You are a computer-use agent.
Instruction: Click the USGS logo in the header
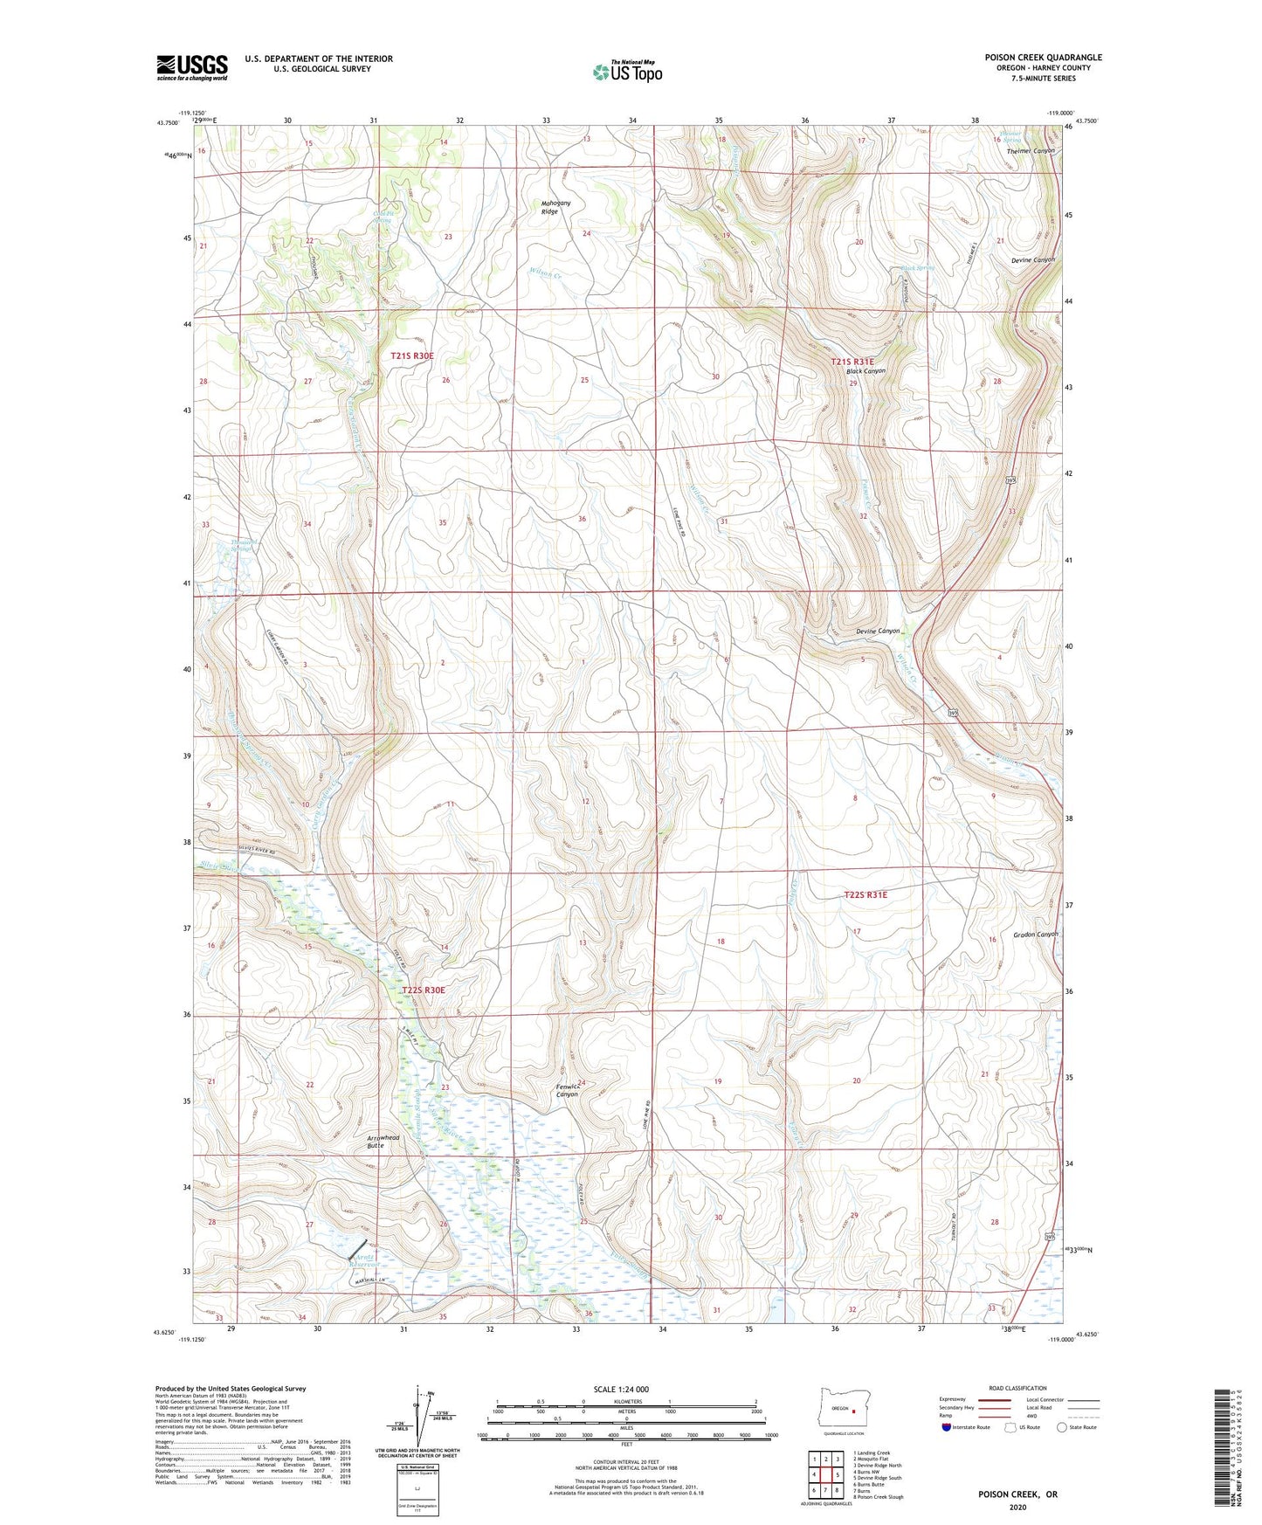(192, 67)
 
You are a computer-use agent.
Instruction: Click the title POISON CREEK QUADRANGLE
(1043, 58)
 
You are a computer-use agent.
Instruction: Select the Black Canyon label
(865, 371)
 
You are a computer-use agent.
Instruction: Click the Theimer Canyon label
(1031, 151)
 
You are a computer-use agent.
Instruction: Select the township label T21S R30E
(412, 356)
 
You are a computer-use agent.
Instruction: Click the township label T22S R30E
(424, 990)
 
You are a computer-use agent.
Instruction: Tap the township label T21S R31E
(852, 362)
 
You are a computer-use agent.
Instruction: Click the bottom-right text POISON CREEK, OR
(1017, 1494)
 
